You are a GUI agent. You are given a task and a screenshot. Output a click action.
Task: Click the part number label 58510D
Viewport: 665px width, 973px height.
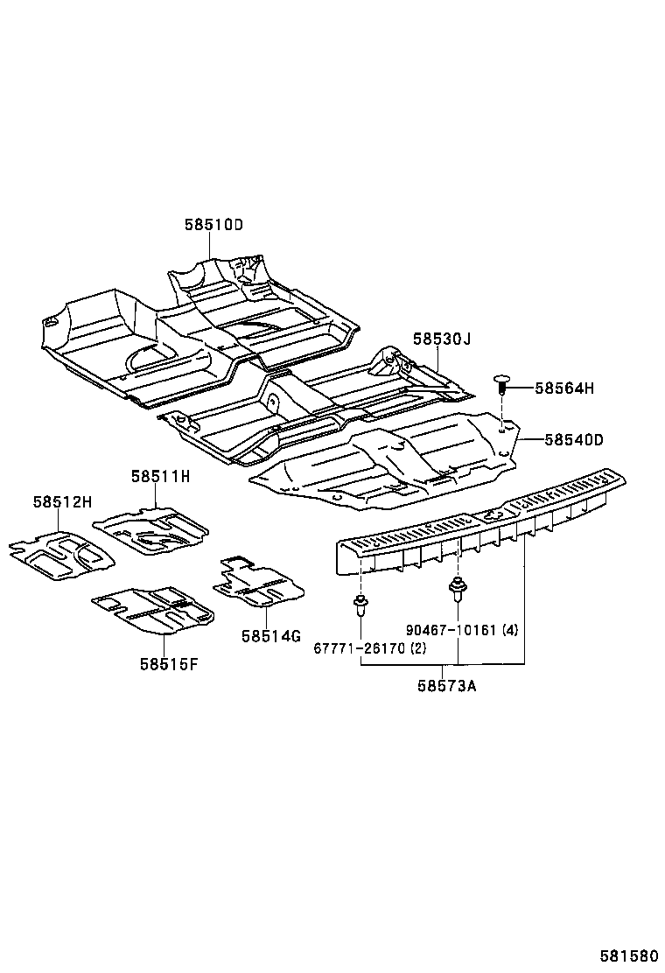213,225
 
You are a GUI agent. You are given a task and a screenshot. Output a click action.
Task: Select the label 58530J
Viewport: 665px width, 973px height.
442,339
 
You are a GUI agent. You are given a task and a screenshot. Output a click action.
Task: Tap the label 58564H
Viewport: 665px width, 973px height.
563,388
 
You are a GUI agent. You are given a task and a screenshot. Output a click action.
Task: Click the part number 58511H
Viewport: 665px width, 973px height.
161,477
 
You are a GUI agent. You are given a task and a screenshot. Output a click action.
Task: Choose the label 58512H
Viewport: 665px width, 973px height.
63,502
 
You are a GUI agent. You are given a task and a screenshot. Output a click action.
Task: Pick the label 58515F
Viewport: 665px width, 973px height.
168,663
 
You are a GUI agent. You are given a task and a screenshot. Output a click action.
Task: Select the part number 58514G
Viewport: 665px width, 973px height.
271,636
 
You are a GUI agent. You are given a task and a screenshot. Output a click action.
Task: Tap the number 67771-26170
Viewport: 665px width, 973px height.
358,648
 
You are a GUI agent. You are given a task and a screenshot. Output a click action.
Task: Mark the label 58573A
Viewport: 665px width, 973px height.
446,686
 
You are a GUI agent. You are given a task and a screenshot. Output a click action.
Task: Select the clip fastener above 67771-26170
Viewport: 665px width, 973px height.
360,603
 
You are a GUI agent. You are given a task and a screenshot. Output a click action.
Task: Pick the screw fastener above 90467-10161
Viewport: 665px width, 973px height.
456,588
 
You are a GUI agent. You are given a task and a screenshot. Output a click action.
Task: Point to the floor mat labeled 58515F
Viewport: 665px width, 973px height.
153,609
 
